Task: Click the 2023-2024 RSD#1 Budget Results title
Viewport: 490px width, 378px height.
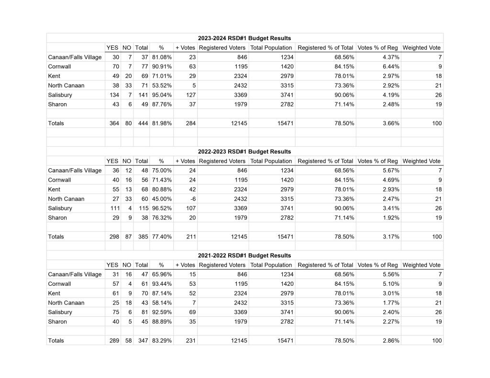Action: pos(245,38)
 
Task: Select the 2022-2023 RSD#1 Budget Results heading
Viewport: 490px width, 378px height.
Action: pos(245,151)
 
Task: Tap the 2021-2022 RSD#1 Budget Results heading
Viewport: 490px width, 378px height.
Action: pos(245,256)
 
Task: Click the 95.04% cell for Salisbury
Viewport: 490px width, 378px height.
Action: pos(162,95)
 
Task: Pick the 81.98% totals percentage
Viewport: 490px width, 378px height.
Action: pos(162,123)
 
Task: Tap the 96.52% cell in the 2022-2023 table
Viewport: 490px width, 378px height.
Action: pos(162,208)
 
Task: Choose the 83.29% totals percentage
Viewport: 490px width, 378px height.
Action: pos(162,341)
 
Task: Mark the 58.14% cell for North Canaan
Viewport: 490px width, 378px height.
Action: pos(162,303)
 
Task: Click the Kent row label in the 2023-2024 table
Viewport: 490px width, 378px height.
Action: pos(54,76)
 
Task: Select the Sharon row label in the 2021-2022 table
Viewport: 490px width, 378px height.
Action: pos(57,322)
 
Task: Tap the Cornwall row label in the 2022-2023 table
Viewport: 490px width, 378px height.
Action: pos(59,180)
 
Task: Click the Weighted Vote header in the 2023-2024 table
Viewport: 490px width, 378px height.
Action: pos(422,48)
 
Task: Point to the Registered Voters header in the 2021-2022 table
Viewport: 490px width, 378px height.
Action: pos(222,265)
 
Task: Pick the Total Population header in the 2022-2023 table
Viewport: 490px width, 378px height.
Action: pos(271,161)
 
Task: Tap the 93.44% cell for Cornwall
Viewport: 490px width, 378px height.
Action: pos(162,284)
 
